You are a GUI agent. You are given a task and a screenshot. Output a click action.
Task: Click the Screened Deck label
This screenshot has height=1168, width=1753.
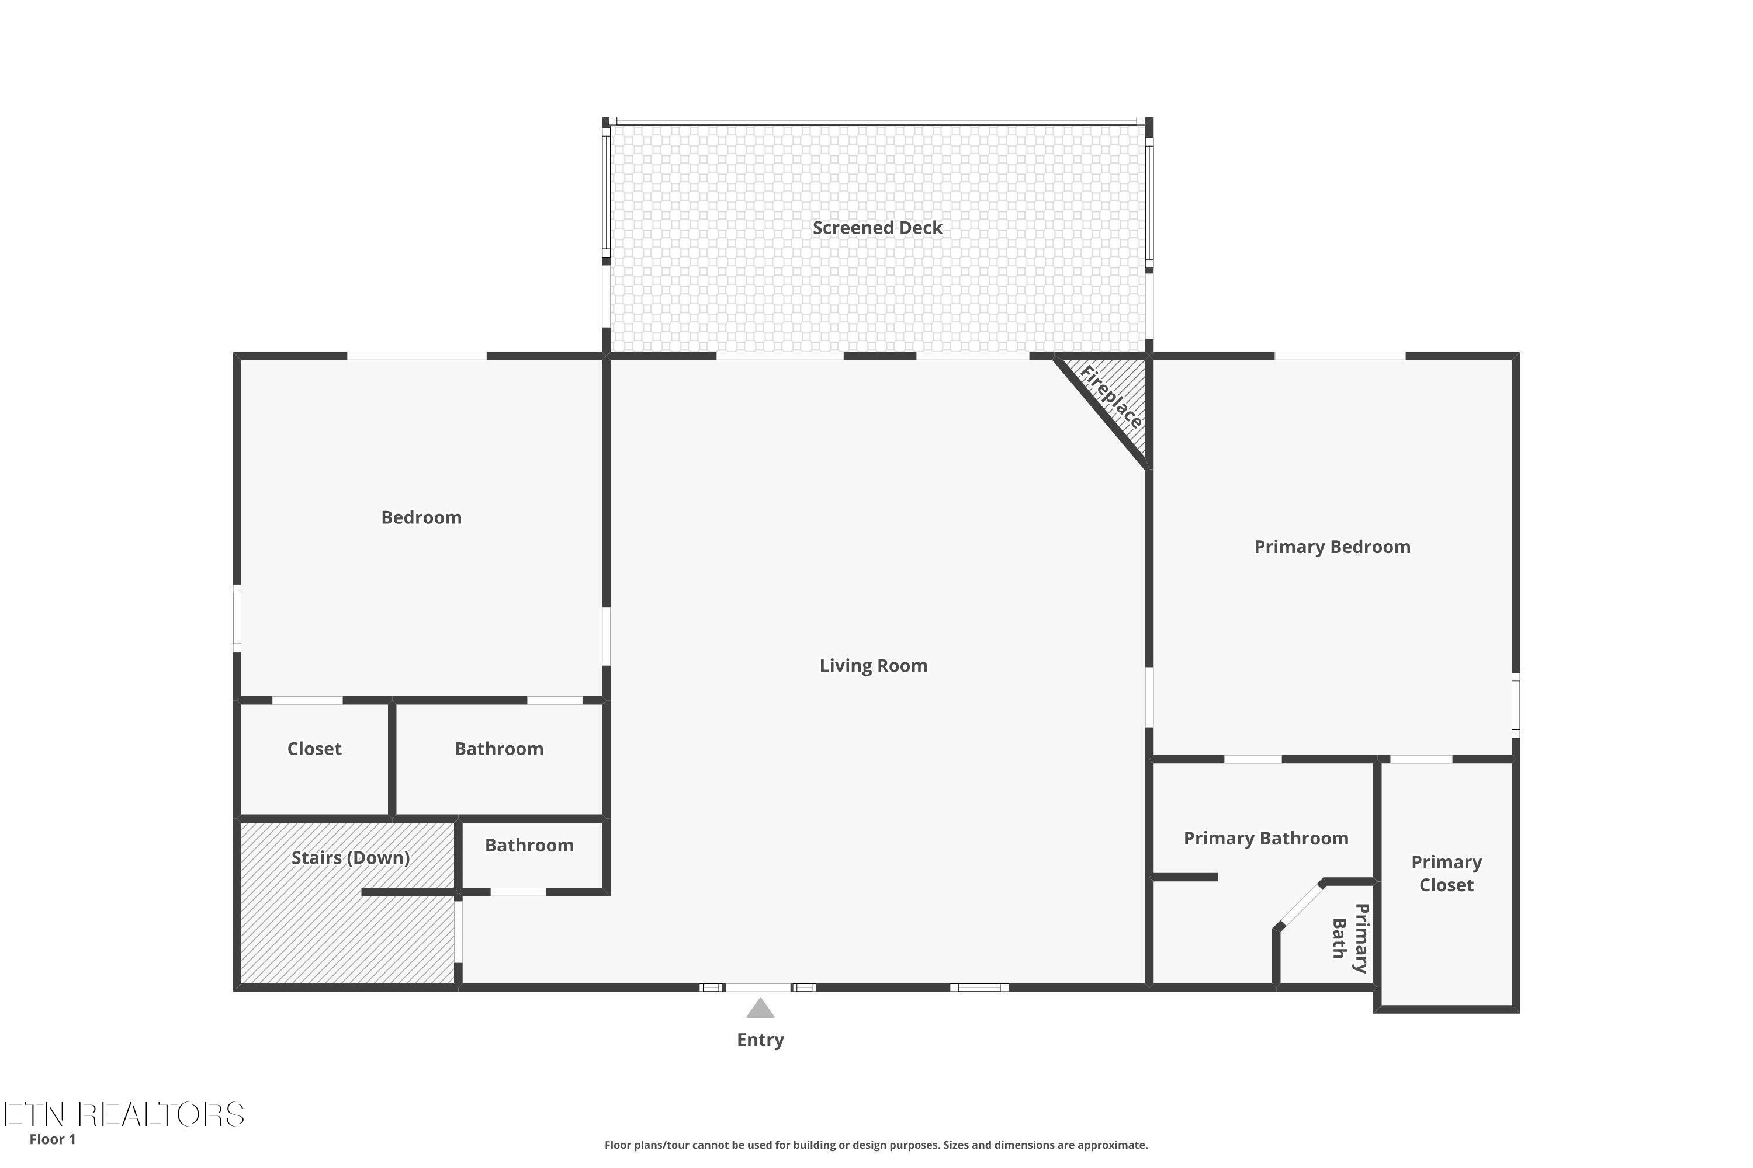click(876, 228)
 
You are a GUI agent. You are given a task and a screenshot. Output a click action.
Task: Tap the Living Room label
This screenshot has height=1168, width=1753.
click(873, 666)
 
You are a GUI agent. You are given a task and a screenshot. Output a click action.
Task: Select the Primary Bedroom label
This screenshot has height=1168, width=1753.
click(1331, 547)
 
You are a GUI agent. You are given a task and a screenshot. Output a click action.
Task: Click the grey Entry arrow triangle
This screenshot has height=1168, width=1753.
click(760, 1009)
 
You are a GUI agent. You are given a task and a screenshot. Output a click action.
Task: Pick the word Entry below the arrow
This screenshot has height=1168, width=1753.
click(760, 1040)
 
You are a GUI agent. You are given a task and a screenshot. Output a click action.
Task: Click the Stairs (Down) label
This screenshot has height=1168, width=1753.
click(350, 857)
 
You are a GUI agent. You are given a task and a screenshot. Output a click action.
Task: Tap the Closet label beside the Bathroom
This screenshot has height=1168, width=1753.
click(314, 749)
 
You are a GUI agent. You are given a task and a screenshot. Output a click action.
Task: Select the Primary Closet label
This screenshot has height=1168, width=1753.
click(1446, 873)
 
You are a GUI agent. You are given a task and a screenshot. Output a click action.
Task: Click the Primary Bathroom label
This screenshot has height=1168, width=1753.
click(1266, 838)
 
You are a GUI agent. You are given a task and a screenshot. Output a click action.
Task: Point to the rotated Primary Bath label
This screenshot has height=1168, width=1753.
click(1350, 938)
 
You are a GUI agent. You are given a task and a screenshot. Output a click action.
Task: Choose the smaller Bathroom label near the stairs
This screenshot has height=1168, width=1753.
click(529, 846)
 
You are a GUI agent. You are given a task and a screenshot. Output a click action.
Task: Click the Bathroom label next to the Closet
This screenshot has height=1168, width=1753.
click(498, 749)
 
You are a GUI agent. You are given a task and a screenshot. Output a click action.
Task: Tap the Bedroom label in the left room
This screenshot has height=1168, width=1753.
click(421, 517)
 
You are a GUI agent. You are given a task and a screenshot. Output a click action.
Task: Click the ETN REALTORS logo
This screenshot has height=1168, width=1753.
click(124, 1114)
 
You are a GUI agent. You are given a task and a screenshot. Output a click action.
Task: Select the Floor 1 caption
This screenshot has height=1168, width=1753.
click(52, 1139)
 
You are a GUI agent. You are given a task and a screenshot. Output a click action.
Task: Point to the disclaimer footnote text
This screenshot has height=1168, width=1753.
click(876, 1145)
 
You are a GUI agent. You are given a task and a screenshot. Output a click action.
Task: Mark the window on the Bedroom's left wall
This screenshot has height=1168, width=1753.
click(237, 618)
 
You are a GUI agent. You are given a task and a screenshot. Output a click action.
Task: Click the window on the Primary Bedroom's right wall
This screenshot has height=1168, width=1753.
click(1515, 705)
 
